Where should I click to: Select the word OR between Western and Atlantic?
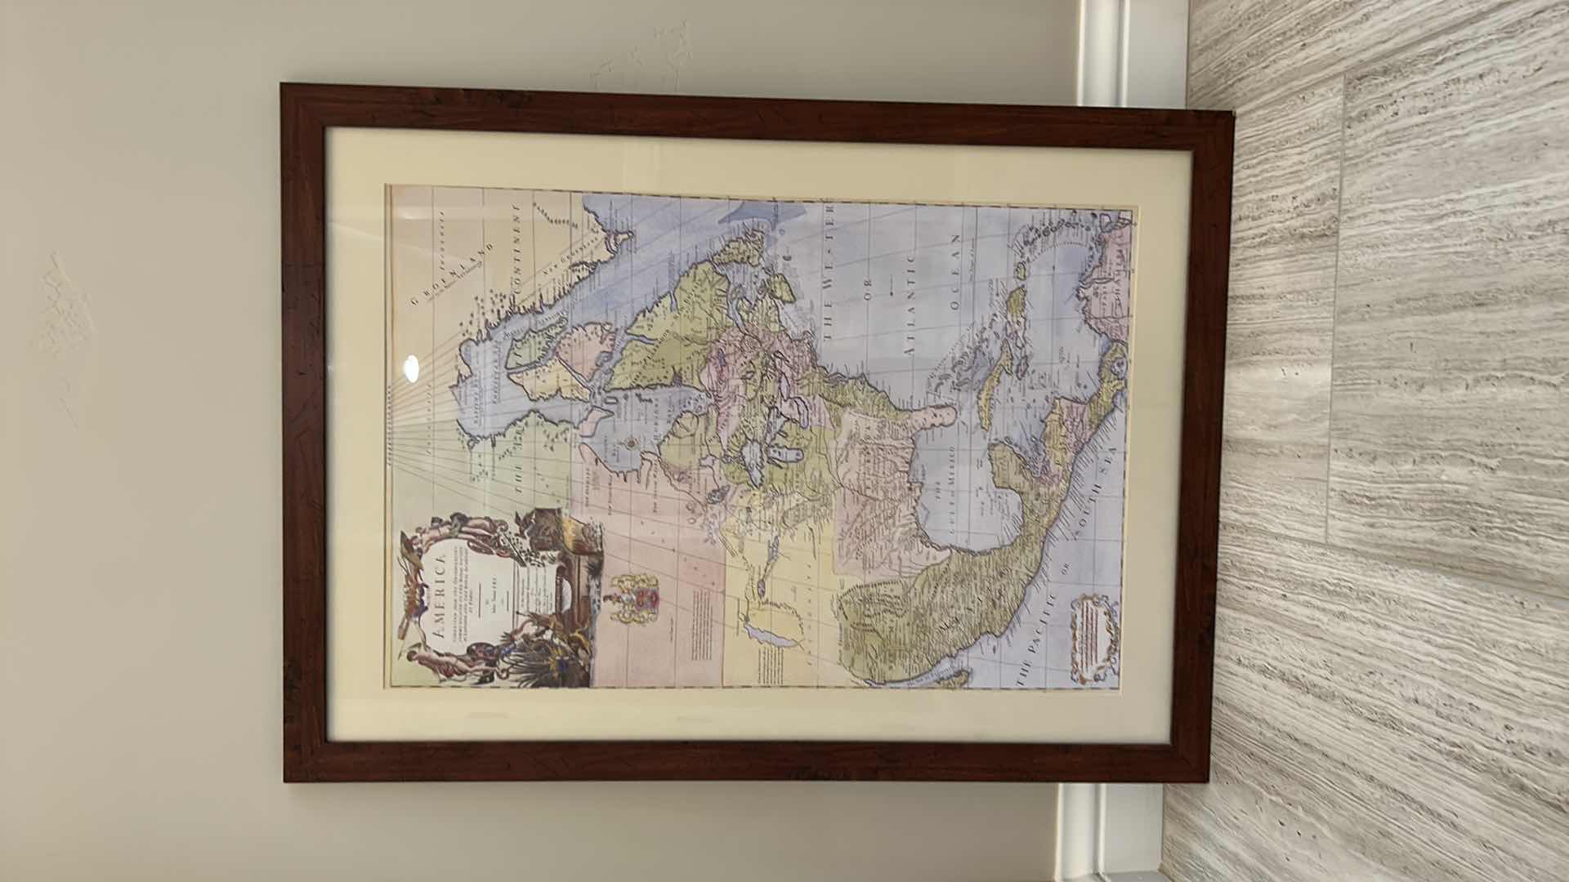coord(870,291)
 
